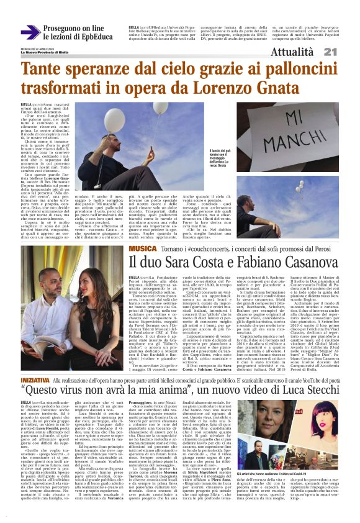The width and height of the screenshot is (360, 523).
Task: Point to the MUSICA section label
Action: (x=142, y=248)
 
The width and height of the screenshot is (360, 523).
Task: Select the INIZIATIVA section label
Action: (x=36, y=361)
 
